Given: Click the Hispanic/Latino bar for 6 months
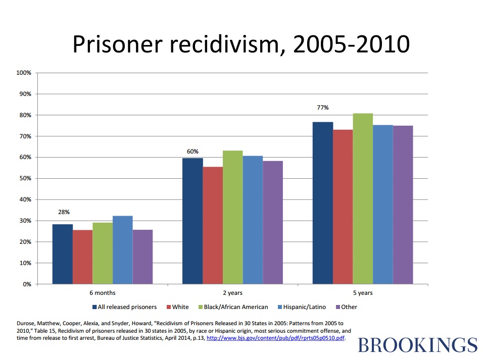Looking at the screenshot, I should click(x=122, y=250).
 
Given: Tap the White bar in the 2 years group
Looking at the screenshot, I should click(x=213, y=225).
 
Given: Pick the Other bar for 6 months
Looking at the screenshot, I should click(x=142, y=256).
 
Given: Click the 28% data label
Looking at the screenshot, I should click(x=63, y=213).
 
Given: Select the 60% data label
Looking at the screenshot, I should click(x=192, y=151).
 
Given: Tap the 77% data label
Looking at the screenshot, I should click(x=323, y=108).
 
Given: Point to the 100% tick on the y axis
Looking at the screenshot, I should click(x=24, y=73).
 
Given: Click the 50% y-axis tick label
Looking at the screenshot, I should click(x=25, y=179).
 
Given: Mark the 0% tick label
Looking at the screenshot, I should click(x=27, y=284).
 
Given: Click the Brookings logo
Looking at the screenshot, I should click(x=417, y=345).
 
